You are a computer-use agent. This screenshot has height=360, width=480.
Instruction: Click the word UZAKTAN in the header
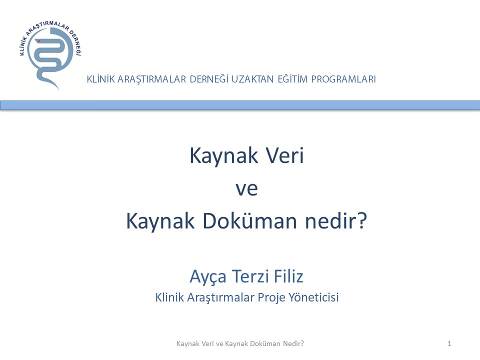pyautogui.click(x=252, y=79)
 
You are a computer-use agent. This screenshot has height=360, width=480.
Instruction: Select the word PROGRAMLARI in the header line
pyautogui.click(x=343, y=79)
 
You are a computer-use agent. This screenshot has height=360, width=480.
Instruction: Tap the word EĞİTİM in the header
pyautogui.click(x=292, y=79)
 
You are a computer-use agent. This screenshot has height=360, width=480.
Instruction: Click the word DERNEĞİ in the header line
pyautogui.click(x=209, y=79)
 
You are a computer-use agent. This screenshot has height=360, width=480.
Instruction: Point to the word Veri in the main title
pyautogui.click(x=284, y=155)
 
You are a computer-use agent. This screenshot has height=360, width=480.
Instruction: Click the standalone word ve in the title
pyautogui.click(x=246, y=189)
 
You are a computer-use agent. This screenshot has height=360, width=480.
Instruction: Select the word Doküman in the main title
pyautogui.click(x=249, y=220)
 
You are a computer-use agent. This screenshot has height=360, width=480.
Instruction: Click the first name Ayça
pyautogui.click(x=208, y=276)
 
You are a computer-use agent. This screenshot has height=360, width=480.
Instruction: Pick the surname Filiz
pyautogui.click(x=288, y=276)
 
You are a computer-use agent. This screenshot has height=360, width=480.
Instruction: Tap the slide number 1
pyautogui.click(x=449, y=344)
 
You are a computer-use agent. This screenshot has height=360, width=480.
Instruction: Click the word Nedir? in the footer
pyautogui.click(x=293, y=344)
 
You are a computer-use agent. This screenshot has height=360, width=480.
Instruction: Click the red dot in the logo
pyautogui.click(x=39, y=41)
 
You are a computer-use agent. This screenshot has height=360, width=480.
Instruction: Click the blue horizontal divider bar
pyautogui.click(x=240, y=105)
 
